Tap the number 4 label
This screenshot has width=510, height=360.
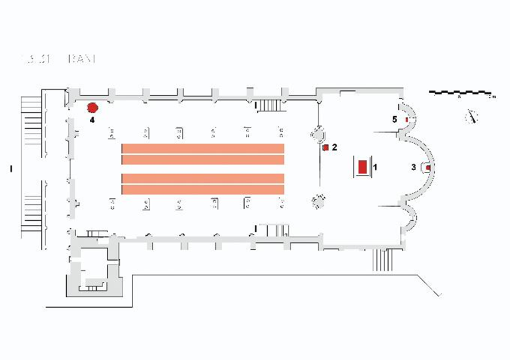click(92, 120)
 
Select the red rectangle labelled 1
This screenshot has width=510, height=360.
click(362, 167)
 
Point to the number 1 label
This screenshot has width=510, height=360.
click(375, 167)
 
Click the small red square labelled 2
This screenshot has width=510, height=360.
click(326, 148)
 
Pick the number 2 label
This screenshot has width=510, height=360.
click(334, 147)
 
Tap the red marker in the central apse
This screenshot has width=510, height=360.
click(428, 167)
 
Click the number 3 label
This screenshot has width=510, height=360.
click(413, 167)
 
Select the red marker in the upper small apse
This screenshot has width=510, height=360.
click(407, 119)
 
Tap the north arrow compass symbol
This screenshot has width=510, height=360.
click(472, 116)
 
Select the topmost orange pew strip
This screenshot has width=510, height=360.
click(203, 148)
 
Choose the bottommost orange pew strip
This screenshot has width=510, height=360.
click(203, 190)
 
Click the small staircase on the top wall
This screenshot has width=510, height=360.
click(270, 105)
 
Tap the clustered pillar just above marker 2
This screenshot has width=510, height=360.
click(317, 134)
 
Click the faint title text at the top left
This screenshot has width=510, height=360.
click(58, 58)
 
